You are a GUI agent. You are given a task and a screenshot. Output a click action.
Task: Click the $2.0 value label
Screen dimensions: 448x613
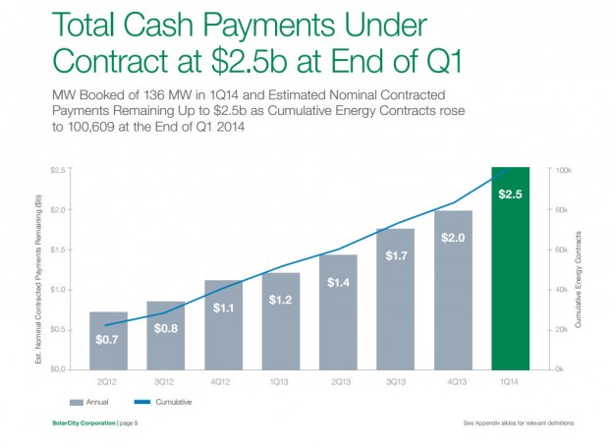(x=452, y=239)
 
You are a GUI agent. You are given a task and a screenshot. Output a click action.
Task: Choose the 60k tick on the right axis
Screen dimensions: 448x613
(x=562, y=250)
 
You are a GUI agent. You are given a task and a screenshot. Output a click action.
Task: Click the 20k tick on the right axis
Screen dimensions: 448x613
(x=562, y=329)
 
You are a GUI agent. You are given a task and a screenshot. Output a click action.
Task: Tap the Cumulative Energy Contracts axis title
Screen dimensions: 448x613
(x=581, y=269)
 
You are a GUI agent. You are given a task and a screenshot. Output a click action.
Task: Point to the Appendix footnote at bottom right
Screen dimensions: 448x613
(x=517, y=423)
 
